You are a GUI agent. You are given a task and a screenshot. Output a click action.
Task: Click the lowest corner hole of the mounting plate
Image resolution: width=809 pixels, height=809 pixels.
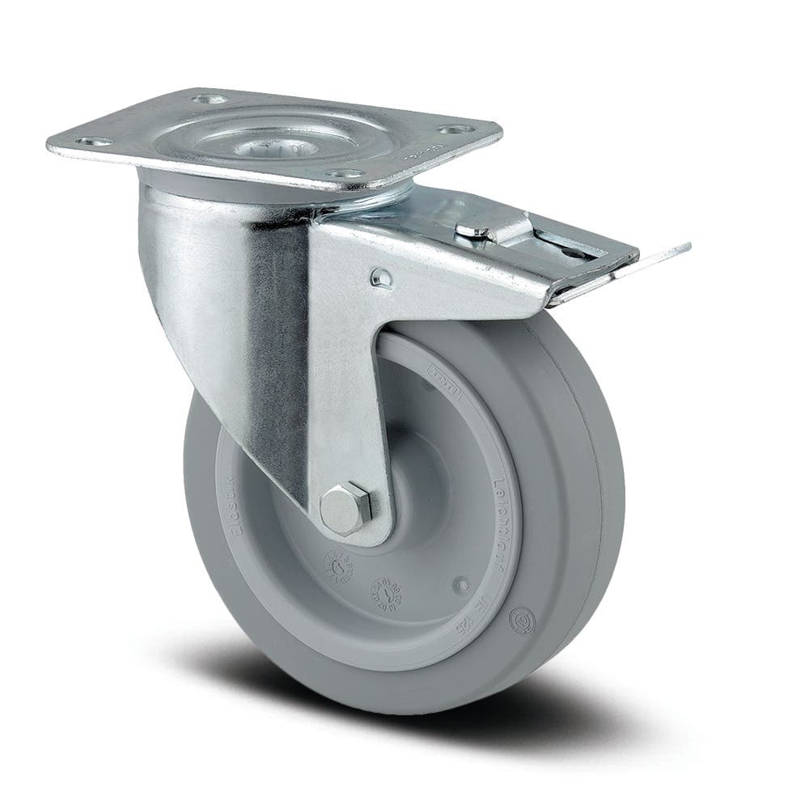click(x=343, y=173)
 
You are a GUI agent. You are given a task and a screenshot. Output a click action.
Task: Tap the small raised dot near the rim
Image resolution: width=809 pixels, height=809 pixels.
click(x=462, y=583)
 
